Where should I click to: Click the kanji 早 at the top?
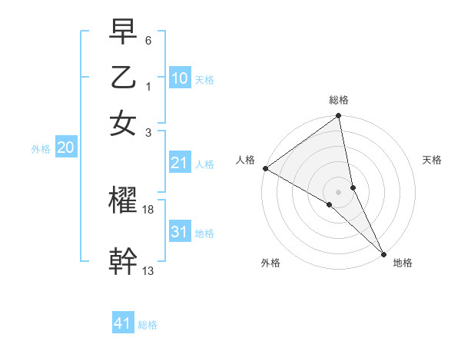123,32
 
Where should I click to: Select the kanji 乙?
123,78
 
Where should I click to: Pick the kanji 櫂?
123,200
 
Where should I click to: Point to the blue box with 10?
180,78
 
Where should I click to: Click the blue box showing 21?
180,163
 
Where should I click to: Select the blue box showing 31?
180,232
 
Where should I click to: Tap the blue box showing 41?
123,323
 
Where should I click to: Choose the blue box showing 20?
65,148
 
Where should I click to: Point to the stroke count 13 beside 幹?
148,270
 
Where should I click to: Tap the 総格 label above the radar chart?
339,100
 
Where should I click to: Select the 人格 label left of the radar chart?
245,160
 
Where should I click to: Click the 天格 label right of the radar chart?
432,160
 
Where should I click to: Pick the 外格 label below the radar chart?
270,263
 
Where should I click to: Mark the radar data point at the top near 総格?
338,117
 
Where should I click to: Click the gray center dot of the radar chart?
338,190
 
